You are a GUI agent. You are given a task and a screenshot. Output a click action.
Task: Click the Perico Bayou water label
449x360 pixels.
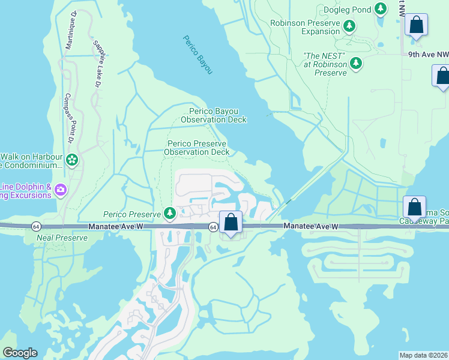click(197, 55)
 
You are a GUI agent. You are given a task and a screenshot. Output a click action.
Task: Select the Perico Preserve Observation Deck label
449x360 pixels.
click(197, 148)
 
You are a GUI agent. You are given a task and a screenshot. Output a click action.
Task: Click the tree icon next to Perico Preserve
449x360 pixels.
click(170, 214)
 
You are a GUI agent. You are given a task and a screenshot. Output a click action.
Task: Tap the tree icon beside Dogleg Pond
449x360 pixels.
click(380, 8)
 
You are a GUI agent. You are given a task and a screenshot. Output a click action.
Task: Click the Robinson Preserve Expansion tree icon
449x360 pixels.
click(349, 26)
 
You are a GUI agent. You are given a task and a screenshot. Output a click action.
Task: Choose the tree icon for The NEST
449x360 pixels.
click(356, 62)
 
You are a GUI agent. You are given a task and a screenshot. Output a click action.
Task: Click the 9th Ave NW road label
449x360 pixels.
click(428, 55)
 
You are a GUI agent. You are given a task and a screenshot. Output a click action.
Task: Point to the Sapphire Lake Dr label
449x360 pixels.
click(96, 62)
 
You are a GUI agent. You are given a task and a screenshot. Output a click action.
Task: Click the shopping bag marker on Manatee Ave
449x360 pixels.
click(231, 223)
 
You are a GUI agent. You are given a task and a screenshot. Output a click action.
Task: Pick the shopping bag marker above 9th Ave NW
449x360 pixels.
click(416, 25)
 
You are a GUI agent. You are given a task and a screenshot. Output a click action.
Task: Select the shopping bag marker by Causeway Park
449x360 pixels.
click(414, 207)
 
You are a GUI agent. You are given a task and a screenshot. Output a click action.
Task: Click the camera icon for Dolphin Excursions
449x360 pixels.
click(60, 190)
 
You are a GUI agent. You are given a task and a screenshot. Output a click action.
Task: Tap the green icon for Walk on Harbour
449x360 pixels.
click(72, 160)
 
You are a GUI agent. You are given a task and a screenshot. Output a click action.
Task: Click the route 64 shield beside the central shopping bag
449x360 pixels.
click(213, 227)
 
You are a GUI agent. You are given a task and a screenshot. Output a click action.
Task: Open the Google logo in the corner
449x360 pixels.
click(20, 353)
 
